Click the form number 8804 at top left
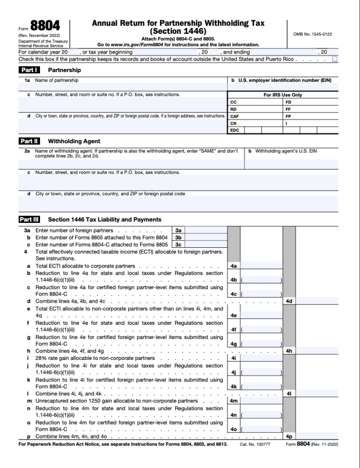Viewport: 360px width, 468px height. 45,27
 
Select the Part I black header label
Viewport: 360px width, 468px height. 29,70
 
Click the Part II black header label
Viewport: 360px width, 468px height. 29,141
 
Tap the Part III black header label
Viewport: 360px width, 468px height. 29,220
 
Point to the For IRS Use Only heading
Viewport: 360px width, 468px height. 283,95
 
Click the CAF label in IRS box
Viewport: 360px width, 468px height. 234,116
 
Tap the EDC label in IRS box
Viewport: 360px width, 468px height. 234,130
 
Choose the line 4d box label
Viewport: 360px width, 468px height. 289,301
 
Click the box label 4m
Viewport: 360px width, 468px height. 234,400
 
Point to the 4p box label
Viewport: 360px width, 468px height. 289,436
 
